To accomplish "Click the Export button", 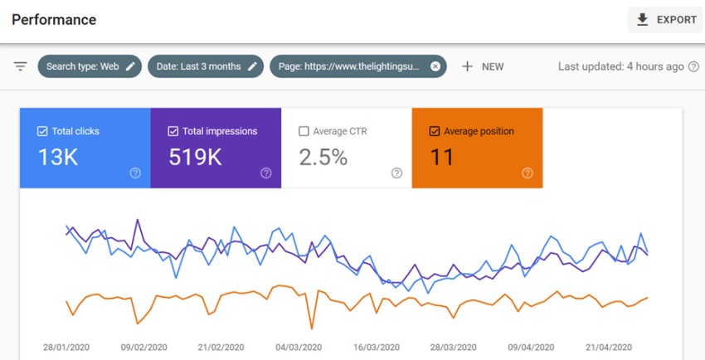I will [x=665, y=20].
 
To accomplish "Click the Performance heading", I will [x=54, y=19].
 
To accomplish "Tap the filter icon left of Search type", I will [x=21, y=66].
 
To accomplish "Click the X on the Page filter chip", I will [x=435, y=66].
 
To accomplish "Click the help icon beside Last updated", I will [x=693, y=66].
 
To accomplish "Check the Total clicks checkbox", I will [x=42, y=131].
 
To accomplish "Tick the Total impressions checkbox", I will [x=173, y=131].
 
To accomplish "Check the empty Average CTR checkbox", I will [x=304, y=131].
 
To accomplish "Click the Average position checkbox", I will [x=434, y=131].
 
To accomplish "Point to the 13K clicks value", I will [x=58, y=158].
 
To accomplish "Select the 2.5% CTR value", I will [x=323, y=158].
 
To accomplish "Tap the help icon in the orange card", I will [x=527, y=173].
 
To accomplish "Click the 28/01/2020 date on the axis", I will [x=66, y=348].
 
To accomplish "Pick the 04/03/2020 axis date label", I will [x=299, y=348].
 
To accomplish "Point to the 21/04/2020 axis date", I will [x=610, y=348].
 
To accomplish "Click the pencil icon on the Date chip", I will [x=252, y=66].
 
